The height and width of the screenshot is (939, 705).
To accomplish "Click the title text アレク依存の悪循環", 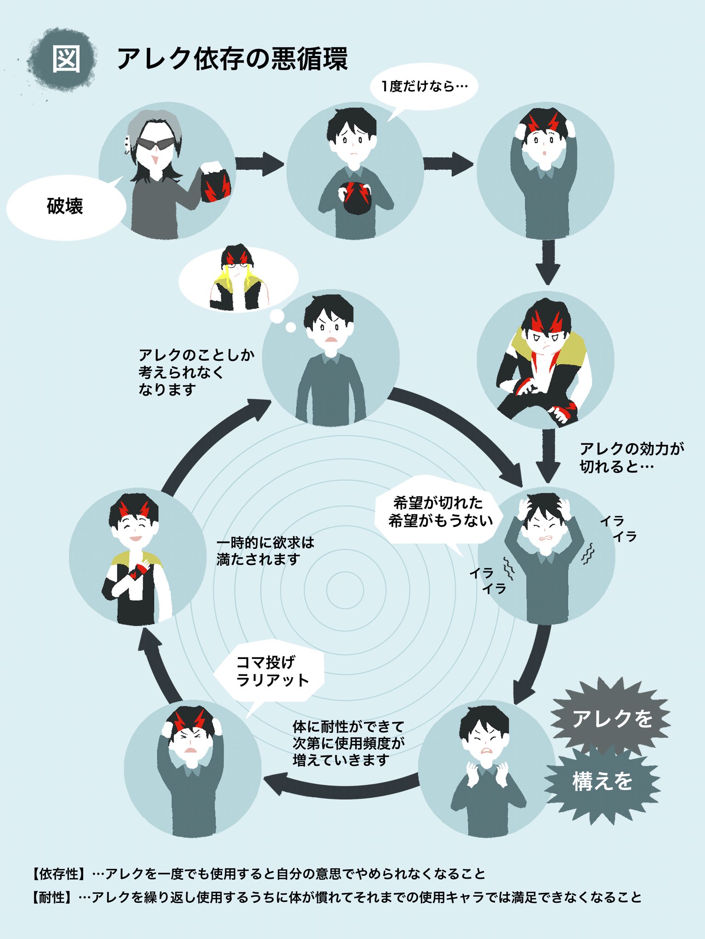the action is [x=232, y=59].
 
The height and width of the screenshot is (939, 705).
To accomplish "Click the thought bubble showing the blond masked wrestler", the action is [x=238, y=280].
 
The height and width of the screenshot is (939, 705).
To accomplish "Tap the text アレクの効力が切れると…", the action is [x=632, y=457].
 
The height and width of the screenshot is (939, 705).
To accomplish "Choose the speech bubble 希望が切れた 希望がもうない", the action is [x=440, y=513].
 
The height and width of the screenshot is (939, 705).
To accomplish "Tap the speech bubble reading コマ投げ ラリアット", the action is [x=270, y=671].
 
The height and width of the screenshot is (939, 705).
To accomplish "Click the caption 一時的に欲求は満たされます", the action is [x=265, y=551].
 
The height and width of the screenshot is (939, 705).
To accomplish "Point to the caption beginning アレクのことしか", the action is [x=196, y=372].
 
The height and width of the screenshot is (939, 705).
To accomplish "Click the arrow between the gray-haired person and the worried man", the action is [x=260, y=164].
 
